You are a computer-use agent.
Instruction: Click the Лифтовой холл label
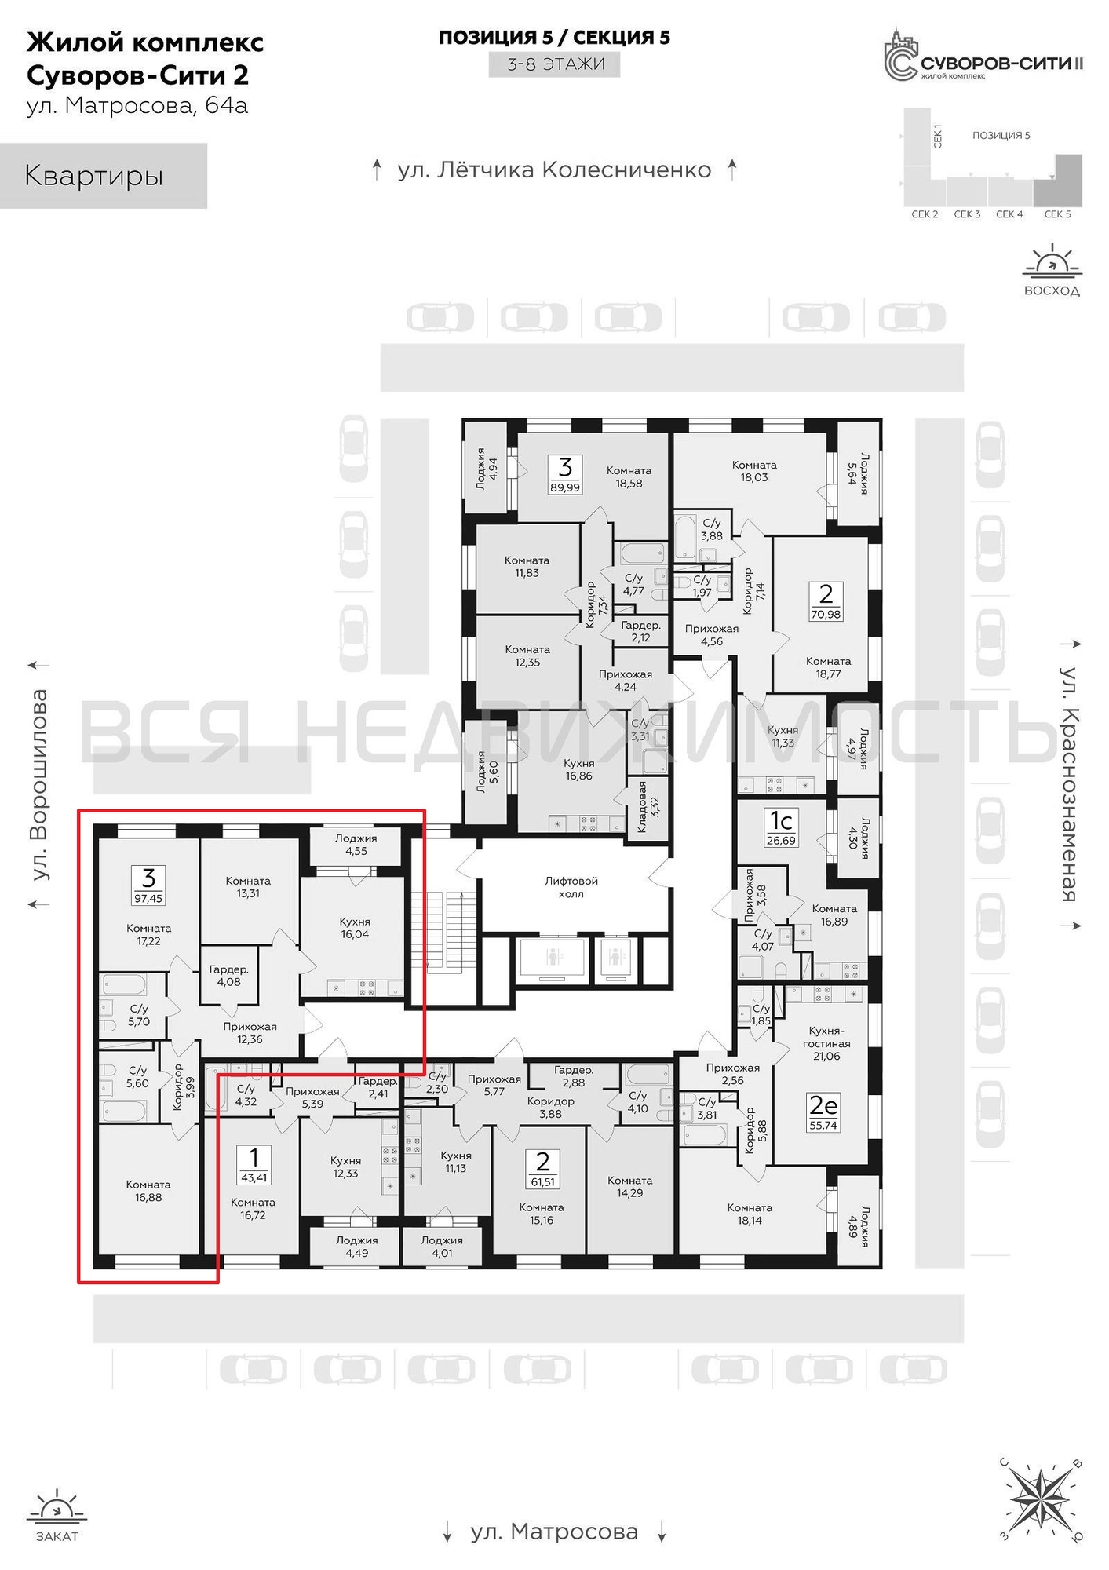[x=571, y=888]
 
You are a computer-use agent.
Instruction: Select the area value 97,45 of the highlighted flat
[x=148, y=898]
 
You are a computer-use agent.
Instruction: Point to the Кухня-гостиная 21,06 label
[x=826, y=1043]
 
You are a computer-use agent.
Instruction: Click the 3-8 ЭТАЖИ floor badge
[x=555, y=64]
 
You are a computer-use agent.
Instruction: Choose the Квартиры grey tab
[x=103, y=176]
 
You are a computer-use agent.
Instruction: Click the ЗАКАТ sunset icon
[x=57, y=1508]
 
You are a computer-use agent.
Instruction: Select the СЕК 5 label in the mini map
[x=1057, y=214]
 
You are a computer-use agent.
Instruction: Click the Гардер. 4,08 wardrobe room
[x=229, y=976]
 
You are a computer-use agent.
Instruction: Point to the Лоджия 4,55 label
[x=356, y=845]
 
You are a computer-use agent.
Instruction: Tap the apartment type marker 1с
[x=781, y=820]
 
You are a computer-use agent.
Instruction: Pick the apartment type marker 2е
[x=823, y=1105]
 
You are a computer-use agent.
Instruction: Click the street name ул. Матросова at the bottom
[x=554, y=1532]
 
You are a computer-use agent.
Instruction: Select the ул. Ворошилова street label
[x=38, y=785]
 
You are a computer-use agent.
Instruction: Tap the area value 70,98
[x=826, y=615]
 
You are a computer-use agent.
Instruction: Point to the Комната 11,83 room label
[x=527, y=567]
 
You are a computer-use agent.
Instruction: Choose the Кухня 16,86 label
[x=578, y=769]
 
